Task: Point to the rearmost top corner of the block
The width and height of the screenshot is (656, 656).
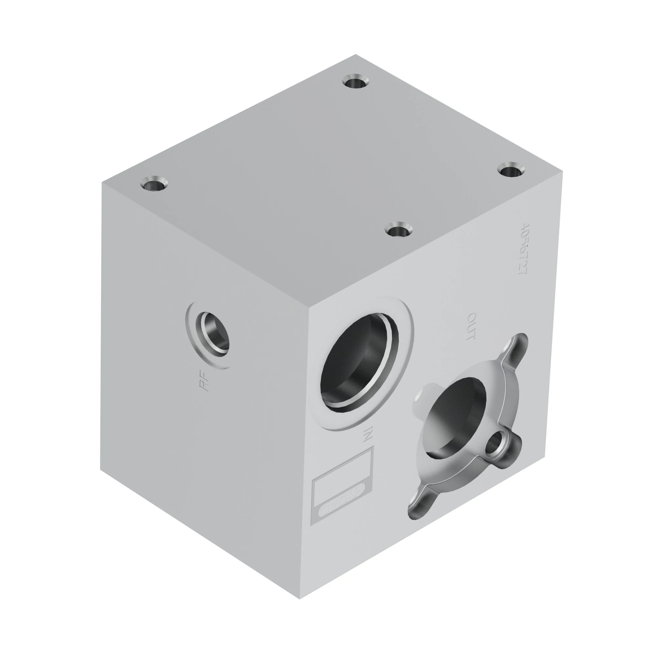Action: [356, 54]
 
